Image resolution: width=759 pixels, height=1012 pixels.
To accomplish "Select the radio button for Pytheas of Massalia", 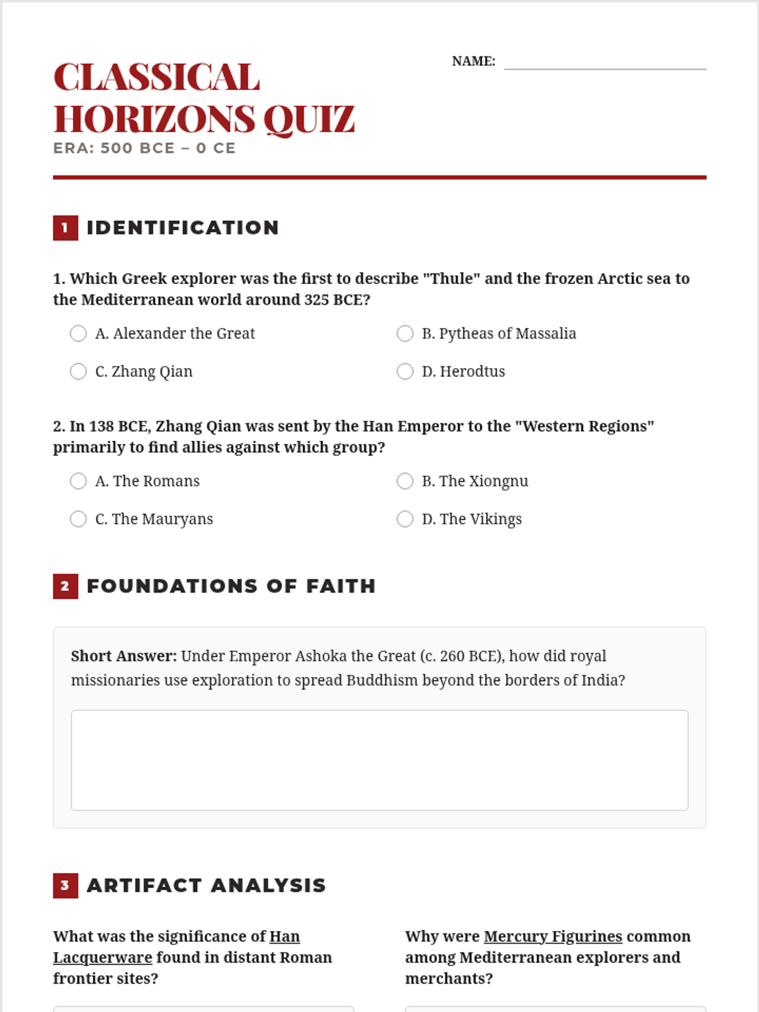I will coord(405,333).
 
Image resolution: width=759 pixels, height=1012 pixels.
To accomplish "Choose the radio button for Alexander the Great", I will coord(78,333).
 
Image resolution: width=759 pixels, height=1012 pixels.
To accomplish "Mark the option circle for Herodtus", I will coord(405,371).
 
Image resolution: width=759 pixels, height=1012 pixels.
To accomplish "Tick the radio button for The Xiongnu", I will coord(405,481).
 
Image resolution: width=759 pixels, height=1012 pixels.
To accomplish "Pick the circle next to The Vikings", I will coord(405,519).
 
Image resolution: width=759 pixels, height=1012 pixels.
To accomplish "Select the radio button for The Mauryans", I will coord(78,519).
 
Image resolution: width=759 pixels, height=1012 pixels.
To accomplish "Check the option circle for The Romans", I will coord(78,481).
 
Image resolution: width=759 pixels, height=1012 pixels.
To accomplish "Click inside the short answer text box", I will coord(379,760).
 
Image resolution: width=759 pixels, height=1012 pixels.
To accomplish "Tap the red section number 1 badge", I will coord(65,228).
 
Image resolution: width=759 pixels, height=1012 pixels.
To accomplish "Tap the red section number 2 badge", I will coord(65,586).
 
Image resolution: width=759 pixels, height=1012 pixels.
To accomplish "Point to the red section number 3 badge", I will coord(65,885).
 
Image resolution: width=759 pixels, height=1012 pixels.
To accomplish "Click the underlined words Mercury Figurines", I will coord(553,936).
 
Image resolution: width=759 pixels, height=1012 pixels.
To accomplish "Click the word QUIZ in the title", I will coord(309,119).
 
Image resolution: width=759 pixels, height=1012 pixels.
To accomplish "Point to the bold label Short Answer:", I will coord(124,656).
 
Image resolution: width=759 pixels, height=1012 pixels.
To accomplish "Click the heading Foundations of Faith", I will coord(231,586).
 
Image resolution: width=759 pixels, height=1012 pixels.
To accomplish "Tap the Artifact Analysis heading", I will coord(206,885).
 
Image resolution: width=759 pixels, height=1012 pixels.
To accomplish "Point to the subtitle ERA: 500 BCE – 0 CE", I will coord(144,148).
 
